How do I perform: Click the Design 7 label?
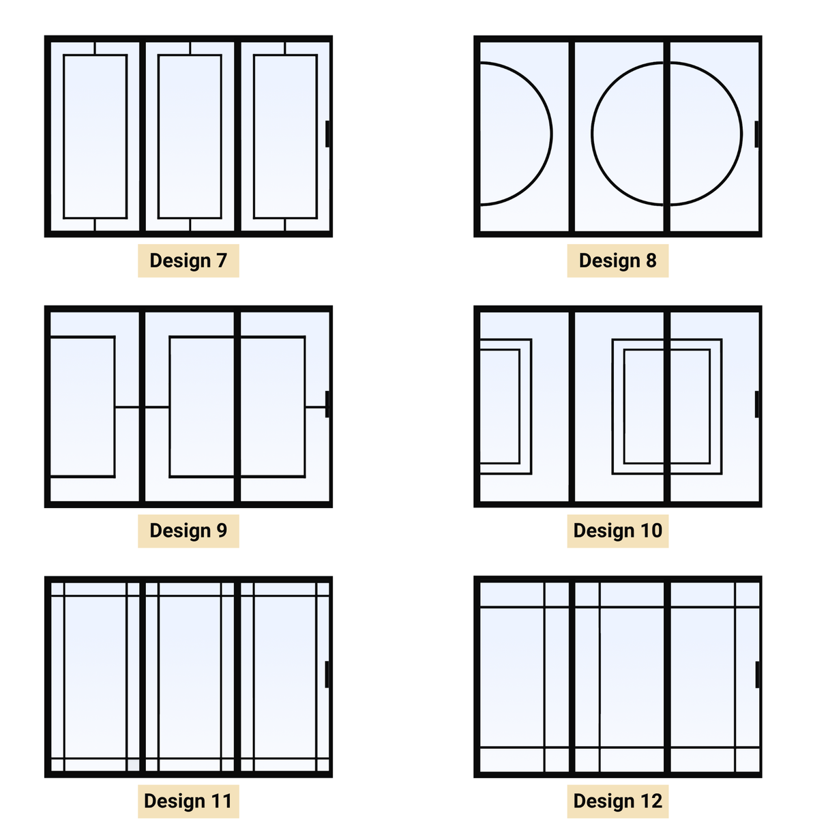(188, 261)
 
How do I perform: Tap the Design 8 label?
(617, 261)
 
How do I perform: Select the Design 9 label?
(188, 531)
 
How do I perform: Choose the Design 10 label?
(617, 531)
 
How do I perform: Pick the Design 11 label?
(188, 801)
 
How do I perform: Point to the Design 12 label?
(617, 801)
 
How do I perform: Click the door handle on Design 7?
(328, 134)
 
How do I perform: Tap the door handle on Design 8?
(757, 134)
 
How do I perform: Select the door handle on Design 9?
(328, 404)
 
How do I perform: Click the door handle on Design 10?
(757, 404)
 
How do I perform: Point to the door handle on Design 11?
(328, 674)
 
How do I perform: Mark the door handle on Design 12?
(757, 674)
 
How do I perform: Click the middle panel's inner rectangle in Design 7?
(190, 136)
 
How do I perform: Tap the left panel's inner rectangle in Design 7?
(95, 136)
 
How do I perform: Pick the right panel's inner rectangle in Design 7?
(285, 136)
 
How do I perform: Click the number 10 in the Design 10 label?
(651, 531)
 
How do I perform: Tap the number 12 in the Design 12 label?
(651, 801)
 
